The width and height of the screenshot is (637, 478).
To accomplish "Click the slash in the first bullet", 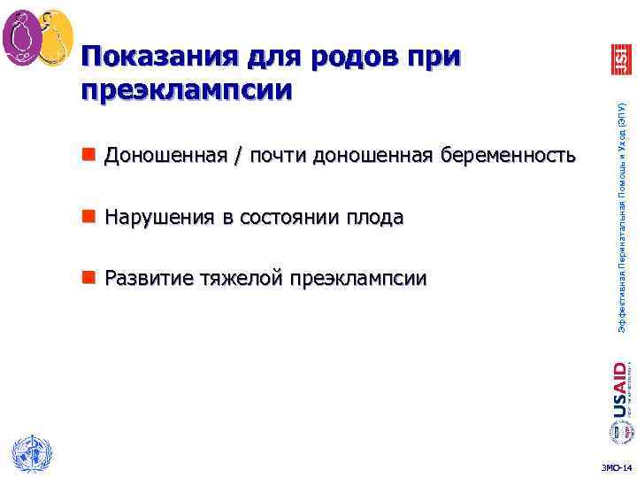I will click(212, 158).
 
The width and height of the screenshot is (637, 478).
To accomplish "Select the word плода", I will click(375, 218).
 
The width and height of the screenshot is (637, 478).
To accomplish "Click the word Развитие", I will click(145, 279).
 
